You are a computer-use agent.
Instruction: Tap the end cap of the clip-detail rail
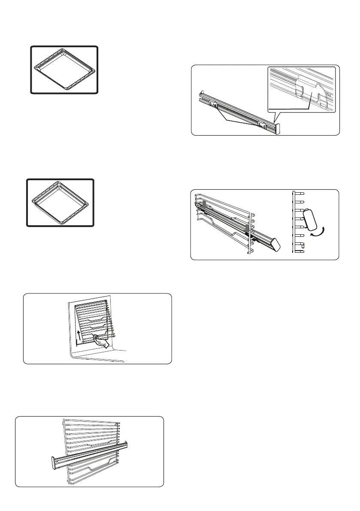point(278,128)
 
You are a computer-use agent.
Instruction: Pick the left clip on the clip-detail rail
point(213,104)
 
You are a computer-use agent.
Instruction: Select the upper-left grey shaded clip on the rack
point(204,204)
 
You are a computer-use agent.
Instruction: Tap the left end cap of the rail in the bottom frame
point(53,463)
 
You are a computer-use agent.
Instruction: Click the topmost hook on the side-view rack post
point(301,193)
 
